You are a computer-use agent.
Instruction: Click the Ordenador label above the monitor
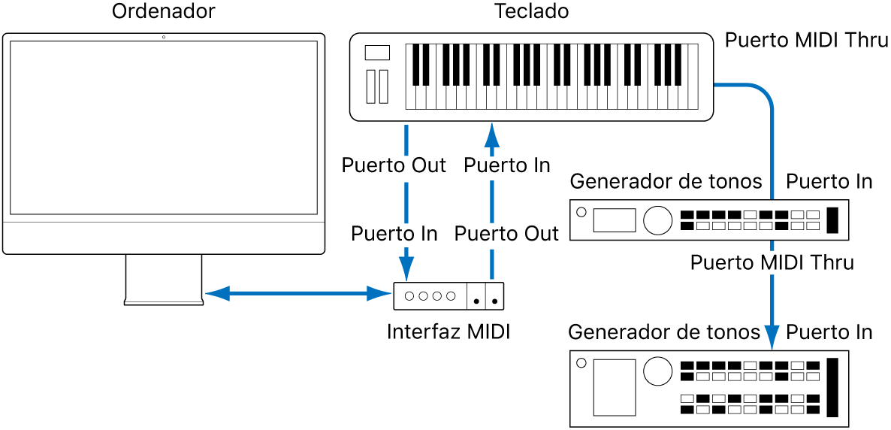[163, 12]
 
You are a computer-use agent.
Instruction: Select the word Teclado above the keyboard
[531, 12]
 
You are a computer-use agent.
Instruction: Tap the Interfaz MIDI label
[449, 332]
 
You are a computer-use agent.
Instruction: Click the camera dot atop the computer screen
[164, 37]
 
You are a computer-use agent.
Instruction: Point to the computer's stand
[164, 280]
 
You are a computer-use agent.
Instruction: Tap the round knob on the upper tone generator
[657, 220]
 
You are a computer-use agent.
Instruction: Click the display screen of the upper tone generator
[614, 220]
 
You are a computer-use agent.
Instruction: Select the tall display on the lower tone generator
[614, 387]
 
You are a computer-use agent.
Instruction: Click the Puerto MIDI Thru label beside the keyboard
[806, 41]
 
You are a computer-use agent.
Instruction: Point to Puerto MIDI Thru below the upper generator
[772, 262]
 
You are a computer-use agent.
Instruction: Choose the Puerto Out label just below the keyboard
[394, 165]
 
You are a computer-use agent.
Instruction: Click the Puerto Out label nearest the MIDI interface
[507, 234]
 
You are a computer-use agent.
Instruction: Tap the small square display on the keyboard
[377, 53]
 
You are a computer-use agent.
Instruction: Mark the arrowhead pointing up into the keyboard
[491, 135]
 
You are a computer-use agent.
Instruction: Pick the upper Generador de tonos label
[666, 182]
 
